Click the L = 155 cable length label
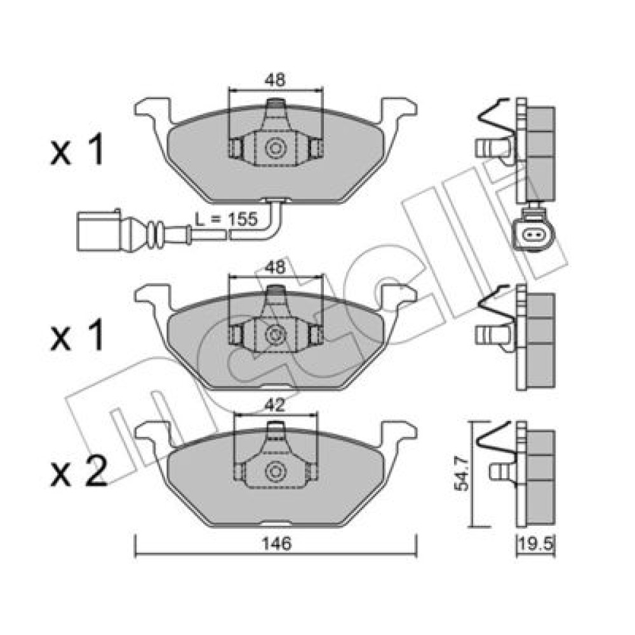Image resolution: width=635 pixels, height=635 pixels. click(226, 219)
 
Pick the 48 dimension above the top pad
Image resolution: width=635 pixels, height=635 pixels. click(276, 80)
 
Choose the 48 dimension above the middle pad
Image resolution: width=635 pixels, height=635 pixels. click(276, 267)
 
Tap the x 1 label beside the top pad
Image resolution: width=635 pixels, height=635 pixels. click(77, 151)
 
